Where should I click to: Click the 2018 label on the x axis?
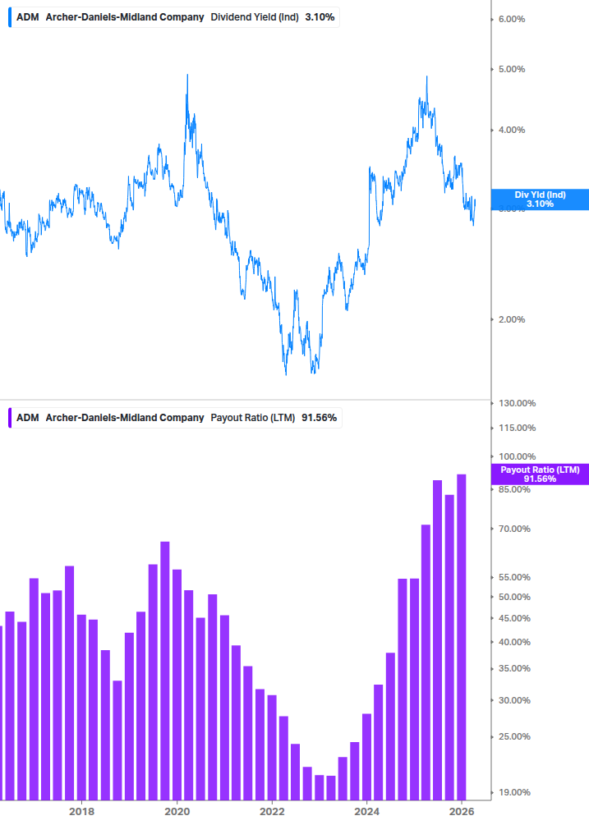(x=81, y=811)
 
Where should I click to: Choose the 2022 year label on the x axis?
(x=272, y=811)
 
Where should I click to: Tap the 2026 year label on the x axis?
(x=462, y=811)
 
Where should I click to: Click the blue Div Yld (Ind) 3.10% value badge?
(x=540, y=199)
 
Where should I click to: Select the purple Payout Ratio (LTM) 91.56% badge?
(x=540, y=474)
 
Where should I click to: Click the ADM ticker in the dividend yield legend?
(x=27, y=16)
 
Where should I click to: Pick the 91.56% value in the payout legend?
(x=320, y=418)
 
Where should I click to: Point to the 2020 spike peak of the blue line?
(x=187, y=76)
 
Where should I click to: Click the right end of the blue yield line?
(x=475, y=199)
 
